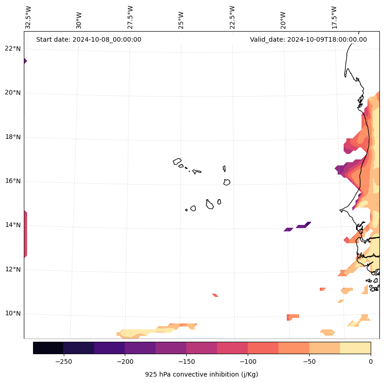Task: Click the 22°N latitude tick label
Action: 12,49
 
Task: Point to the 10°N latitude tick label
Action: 12,313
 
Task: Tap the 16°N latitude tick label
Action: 12,181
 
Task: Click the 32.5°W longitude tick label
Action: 28,17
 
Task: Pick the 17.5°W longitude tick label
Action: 334,17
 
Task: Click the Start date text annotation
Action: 89,39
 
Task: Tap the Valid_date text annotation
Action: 308,39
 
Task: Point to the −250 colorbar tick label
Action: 63,361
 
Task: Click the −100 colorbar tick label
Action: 248,361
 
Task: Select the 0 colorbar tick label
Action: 371,361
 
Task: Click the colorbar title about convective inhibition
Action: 201,374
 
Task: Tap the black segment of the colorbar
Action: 48,348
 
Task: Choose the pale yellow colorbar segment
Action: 355,348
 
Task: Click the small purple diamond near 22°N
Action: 25,61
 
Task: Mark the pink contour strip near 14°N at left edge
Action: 25,234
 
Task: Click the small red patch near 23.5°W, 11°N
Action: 215,295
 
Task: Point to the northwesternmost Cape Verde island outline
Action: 177,161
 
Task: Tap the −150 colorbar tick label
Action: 186,361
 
